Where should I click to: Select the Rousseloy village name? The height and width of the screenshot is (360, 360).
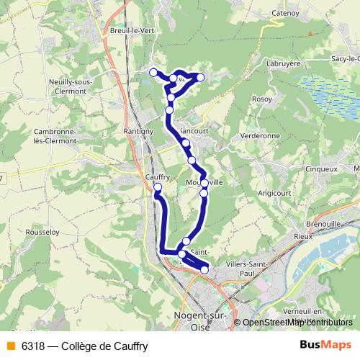(x=42, y=233)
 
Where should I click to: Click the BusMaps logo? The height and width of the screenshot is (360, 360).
(x=325, y=346)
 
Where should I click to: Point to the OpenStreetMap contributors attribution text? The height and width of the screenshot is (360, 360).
(x=297, y=322)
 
